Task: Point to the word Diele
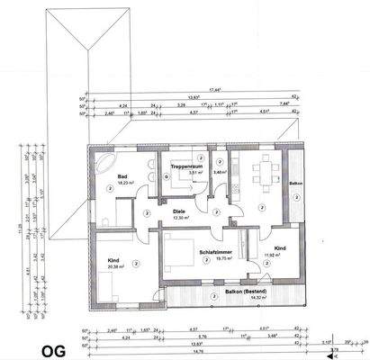pyautogui.click(x=178, y=211)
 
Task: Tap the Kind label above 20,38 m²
pyautogui.click(x=112, y=259)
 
